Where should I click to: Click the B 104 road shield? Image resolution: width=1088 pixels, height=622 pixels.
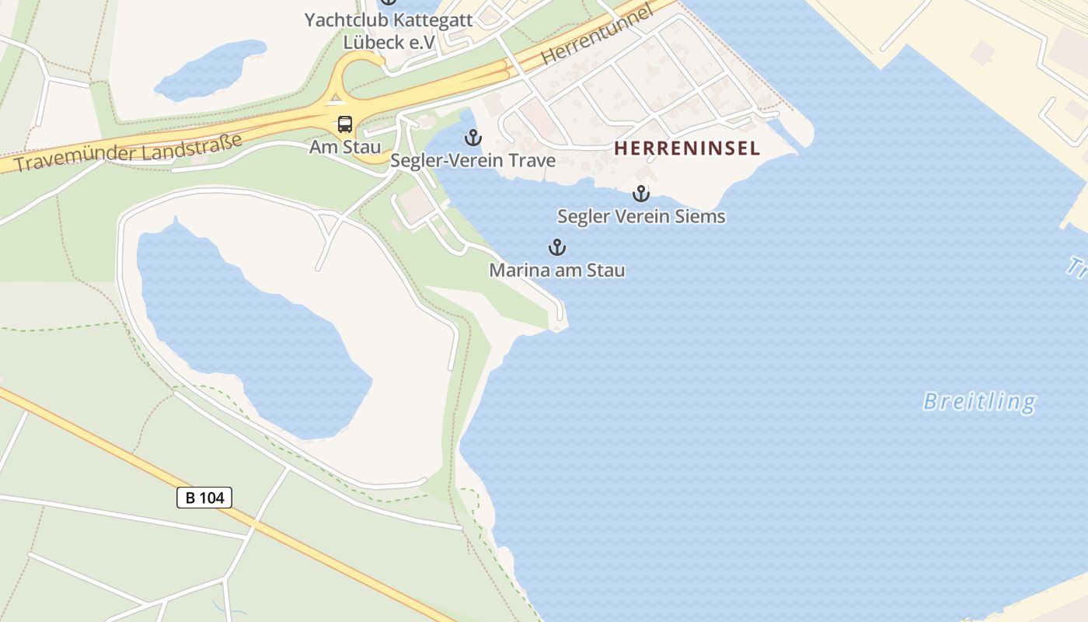[x=204, y=497]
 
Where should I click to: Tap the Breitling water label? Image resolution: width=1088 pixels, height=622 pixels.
[x=979, y=401]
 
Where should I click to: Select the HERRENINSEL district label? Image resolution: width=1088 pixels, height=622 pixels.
[x=687, y=149]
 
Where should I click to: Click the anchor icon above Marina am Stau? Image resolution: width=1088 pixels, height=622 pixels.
[x=556, y=248]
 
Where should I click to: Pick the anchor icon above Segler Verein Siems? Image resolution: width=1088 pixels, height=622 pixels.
[x=641, y=194]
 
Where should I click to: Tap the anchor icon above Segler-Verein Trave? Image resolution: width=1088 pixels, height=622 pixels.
[x=473, y=138]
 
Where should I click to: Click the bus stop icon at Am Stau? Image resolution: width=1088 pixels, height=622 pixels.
[x=344, y=124]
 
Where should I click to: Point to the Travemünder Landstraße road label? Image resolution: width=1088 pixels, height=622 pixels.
[x=128, y=154]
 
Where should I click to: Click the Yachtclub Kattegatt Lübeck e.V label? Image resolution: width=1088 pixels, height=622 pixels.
[x=389, y=30]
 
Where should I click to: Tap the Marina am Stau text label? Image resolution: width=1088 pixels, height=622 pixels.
[x=556, y=271]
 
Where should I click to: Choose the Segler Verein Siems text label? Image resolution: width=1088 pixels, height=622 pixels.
[x=641, y=216]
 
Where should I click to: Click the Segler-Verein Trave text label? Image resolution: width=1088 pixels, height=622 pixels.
[x=473, y=161]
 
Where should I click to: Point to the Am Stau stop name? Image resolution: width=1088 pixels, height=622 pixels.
[x=345, y=147]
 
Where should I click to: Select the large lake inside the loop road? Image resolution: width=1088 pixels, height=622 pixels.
[x=241, y=327]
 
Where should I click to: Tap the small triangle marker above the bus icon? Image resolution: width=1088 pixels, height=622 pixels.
[x=336, y=98]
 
